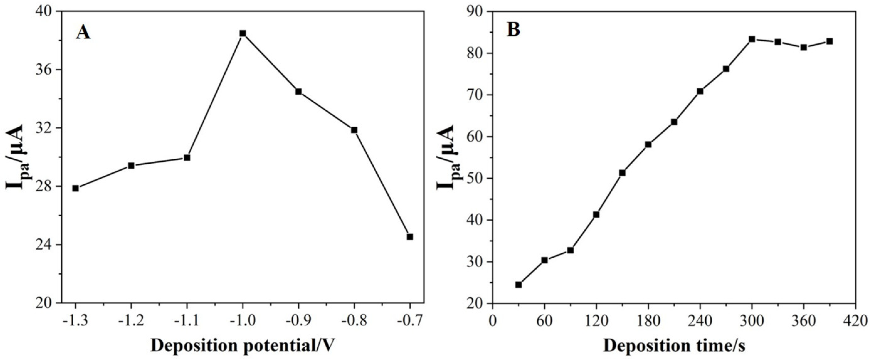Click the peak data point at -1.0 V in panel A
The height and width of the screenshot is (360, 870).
[x=243, y=33]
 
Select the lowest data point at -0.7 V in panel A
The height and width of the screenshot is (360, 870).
[x=410, y=237]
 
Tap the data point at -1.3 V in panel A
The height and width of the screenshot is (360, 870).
[x=76, y=188]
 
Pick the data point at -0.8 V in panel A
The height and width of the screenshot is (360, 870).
[x=354, y=130]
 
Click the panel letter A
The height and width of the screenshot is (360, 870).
[x=83, y=33]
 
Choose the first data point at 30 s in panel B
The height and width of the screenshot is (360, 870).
[x=518, y=285]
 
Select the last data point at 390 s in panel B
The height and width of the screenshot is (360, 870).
[x=830, y=51]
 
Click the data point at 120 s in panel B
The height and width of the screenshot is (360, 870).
[x=596, y=214]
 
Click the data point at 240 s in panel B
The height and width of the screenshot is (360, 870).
[x=700, y=91]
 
